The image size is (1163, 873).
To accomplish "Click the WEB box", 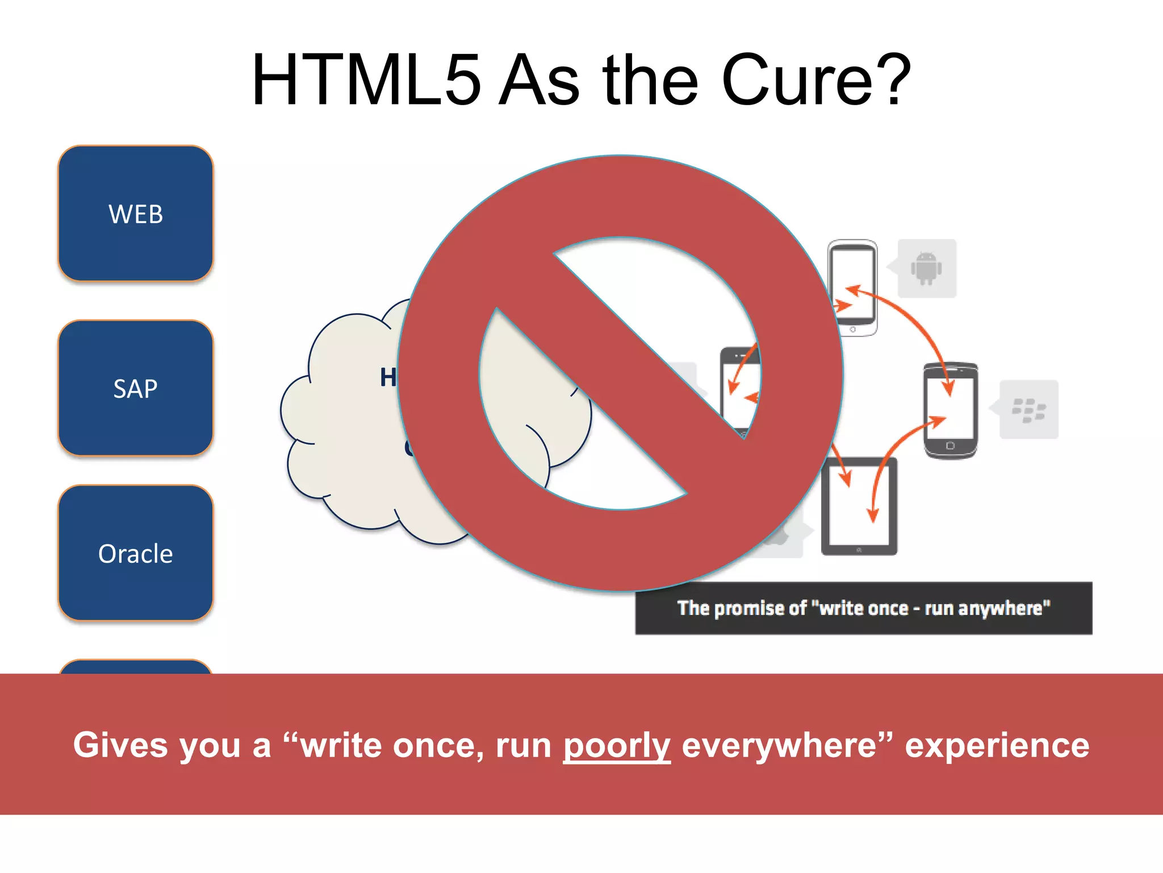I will pyautogui.click(x=136, y=214).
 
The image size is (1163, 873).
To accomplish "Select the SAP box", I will pyautogui.click(x=136, y=388).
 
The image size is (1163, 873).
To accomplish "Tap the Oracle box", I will pyautogui.click(x=136, y=553).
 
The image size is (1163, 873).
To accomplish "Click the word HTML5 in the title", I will pyautogui.click(x=366, y=81).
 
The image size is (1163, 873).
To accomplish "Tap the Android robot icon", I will pyautogui.click(x=926, y=268).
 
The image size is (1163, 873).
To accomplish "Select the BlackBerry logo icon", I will pyautogui.click(x=1028, y=410).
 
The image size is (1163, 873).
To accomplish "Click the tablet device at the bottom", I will pyautogui.click(x=859, y=506).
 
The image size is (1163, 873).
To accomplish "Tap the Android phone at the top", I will pyautogui.click(x=852, y=288).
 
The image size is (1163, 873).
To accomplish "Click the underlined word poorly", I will pyautogui.click(x=617, y=746).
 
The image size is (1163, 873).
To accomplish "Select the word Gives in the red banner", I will pyautogui.click(x=120, y=745).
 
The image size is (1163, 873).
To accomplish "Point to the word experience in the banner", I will pyautogui.click(x=997, y=746).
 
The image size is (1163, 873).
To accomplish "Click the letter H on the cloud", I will pyautogui.click(x=388, y=377).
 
